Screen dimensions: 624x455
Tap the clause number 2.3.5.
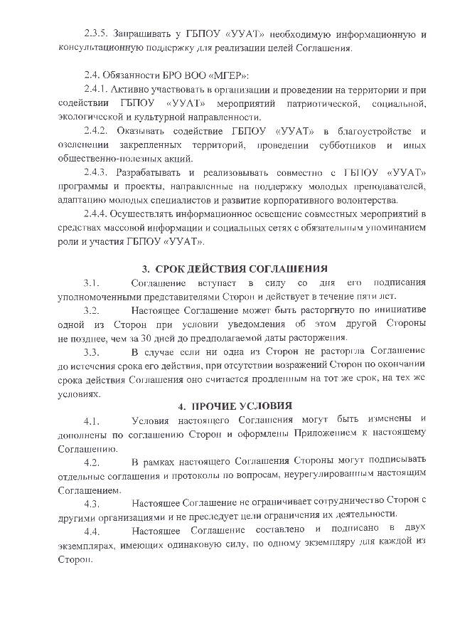[x=97, y=34]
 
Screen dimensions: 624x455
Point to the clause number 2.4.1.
[x=97, y=90]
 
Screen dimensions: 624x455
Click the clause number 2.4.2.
[x=97, y=131]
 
